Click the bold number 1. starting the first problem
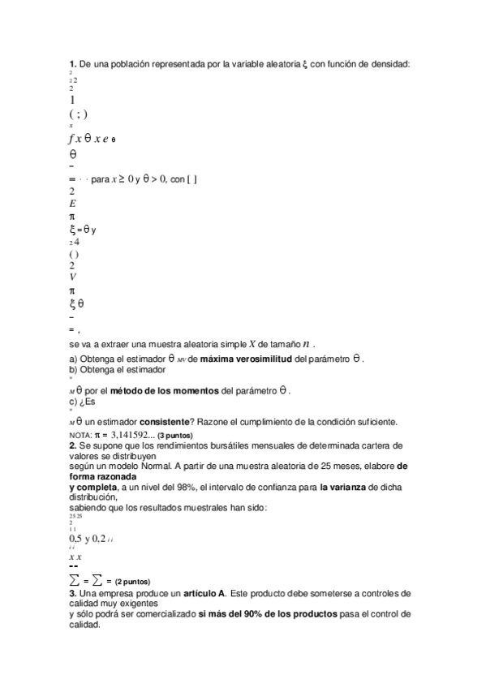(72, 63)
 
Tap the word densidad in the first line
(391, 63)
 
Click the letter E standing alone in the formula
(72, 204)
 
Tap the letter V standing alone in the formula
(72, 277)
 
